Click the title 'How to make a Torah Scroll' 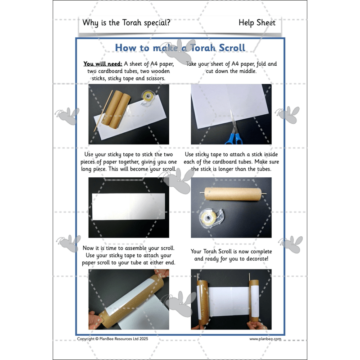[180, 48]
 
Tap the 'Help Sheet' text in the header [257, 23]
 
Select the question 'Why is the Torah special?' [126, 23]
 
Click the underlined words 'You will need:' [103, 64]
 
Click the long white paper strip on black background [129, 207]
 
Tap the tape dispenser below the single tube [212, 217]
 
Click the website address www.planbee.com [265, 339]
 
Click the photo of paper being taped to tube [129, 299]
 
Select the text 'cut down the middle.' [231, 71]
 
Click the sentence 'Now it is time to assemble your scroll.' [129, 248]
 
